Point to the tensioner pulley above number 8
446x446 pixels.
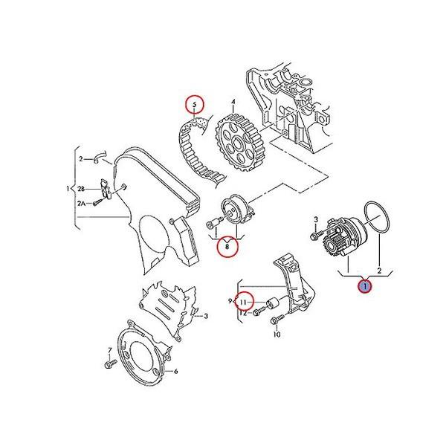click(x=237, y=211)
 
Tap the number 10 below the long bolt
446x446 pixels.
click(x=277, y=335)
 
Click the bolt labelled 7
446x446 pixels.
click(x=109, y=366)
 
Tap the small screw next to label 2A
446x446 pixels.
click(x=98, y=202)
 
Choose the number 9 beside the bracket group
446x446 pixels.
click(x=230, y=301)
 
